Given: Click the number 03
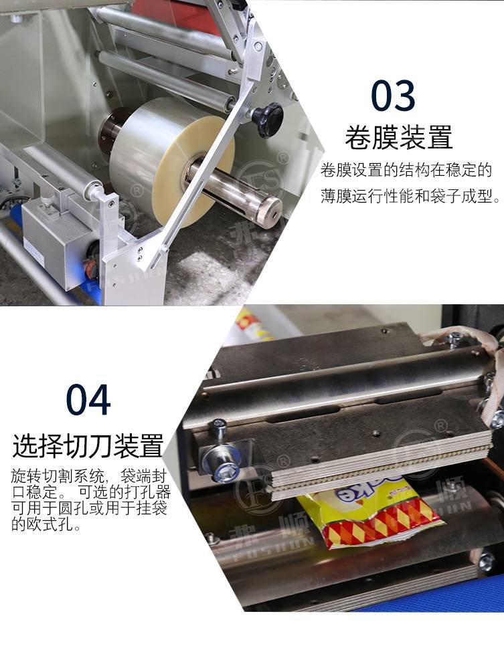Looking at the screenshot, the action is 393,96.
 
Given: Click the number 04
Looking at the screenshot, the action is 88,400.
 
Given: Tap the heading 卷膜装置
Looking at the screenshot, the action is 399,138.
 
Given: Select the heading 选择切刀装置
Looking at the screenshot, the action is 88,446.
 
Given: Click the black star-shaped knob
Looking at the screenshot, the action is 267,120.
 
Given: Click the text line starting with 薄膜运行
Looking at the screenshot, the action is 410,196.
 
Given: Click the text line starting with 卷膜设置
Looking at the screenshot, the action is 406,170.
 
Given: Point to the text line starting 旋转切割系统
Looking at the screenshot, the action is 89,476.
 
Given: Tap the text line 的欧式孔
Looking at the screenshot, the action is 46,524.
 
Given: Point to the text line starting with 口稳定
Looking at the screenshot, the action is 91,492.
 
